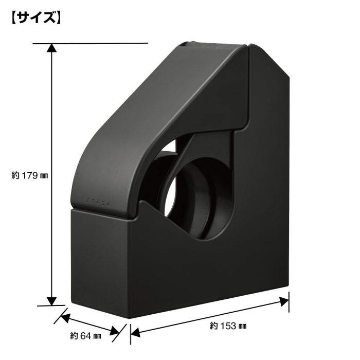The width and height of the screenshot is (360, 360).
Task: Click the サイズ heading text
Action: coord(36,17)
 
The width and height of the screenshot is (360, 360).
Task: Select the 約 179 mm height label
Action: coord(30,176)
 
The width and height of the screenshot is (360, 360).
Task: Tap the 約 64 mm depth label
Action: coord(85,336)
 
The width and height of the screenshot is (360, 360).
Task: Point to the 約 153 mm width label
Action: coord(228,326)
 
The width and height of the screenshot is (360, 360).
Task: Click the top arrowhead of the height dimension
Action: coord(51,48)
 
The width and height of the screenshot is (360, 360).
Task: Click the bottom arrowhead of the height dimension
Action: coord(51,301)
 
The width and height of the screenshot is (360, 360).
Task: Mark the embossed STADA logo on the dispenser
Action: coord(98,202)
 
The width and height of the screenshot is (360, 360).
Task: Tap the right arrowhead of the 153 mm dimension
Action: coord(284,301)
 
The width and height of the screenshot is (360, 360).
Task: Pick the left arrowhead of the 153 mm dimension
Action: coord(135,332)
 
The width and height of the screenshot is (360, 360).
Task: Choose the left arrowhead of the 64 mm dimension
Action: coord(65,318)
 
